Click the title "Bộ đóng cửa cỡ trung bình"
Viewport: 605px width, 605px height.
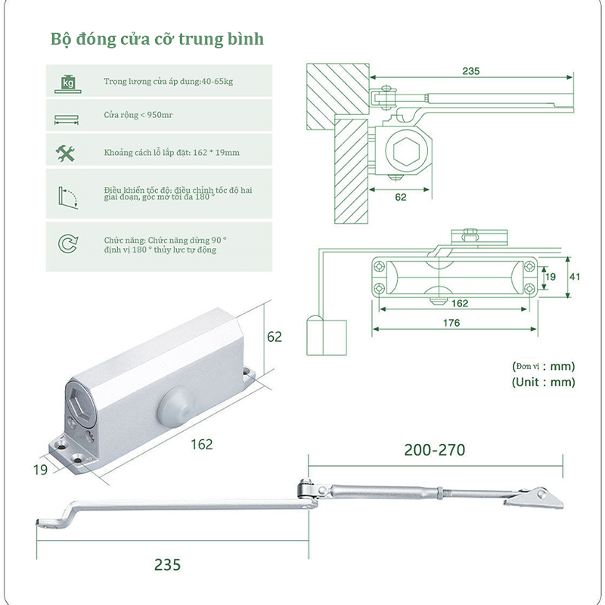pyautogui.click(x=157, y=39)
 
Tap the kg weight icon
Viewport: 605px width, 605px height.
pyautogui.click(x=68, y=82)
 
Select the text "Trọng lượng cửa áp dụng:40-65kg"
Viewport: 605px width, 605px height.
pyautogui.click(x=168, y=81)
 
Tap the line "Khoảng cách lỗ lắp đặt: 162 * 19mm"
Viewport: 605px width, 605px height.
pyautogui.click(x=172, y=153)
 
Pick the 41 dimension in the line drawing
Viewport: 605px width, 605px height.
pyautogui.click(x=575, y=277)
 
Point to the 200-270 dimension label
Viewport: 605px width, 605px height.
pyautogui.click(x=435, y=451)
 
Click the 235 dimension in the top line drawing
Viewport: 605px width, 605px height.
pyautogui.click(x=470, y=70)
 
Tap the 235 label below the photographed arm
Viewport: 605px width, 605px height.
pyautogui.click(x=167, y=564)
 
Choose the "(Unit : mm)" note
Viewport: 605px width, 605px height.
pyautogui.click(x=543, y=382)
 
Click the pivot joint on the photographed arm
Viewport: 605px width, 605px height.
pyautogui.click(x=307, y=490)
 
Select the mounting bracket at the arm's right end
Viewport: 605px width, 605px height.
pyautogui.click(x=534, y=497)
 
